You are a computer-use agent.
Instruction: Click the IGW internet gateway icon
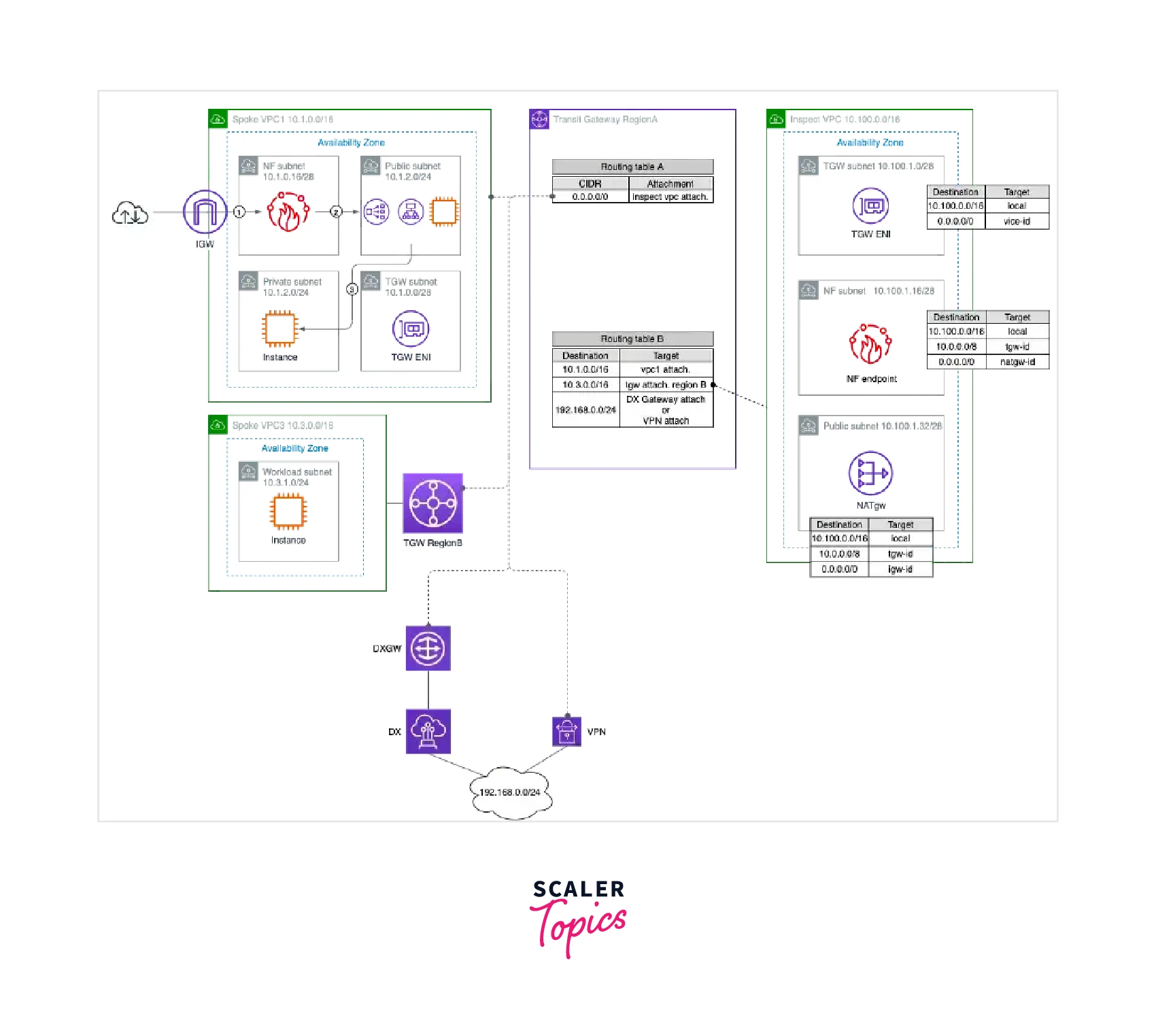(205, 212)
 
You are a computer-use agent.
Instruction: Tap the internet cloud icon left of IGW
(130, 214)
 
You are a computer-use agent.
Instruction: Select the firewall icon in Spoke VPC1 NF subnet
(288, 212)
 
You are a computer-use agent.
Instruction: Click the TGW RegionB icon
(433, 504)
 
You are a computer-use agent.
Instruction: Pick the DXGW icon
(428, 648)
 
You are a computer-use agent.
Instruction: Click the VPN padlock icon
(566, 731)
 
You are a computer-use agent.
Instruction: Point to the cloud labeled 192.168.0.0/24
(511, 792)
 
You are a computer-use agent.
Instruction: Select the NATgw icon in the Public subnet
(870, 473)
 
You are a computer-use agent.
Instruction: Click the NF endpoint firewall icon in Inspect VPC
(870, 344)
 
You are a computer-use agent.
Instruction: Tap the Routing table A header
(632, 167)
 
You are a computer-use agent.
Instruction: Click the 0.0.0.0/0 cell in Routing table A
(590, 197)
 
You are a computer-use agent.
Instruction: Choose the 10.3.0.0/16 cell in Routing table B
(585, 385)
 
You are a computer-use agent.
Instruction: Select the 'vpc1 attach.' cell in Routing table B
(666, 370)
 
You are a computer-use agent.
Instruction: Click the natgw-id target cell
(1017, 362)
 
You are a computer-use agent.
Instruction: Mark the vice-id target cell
(1017, 221)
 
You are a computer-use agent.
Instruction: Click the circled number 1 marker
(239, 212)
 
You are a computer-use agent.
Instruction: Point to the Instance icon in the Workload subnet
(288, 512)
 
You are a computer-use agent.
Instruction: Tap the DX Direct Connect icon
(428, 732)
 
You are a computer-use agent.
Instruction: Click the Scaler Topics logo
(579, 915)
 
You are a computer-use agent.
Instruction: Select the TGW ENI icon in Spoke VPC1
(411, 329)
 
